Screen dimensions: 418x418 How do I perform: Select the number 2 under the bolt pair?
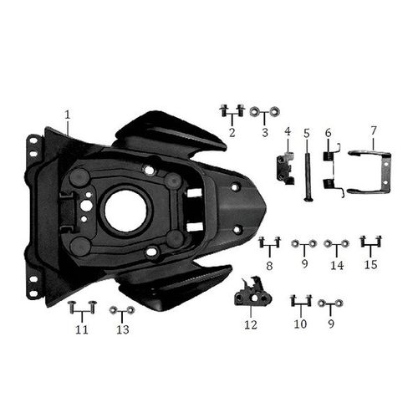click(232, 132)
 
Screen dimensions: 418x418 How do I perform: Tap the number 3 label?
click(265, 132)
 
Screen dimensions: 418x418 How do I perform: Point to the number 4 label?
click(287, 132)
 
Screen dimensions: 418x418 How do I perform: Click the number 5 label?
click(307, 133)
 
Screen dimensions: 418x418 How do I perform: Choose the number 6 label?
click(328, 133)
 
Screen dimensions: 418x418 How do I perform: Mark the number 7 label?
click(373, 130)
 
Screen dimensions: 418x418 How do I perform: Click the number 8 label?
click(269, 265)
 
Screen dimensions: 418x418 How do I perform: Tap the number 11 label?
click(81, 330)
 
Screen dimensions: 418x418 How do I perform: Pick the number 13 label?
click(123, 330)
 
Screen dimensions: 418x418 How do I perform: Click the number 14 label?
click(337, 266)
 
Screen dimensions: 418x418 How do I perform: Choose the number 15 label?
click(370, 266)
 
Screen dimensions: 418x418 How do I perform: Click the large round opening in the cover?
click(127, 212)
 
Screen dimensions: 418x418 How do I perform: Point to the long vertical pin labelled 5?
click(307, 171)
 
